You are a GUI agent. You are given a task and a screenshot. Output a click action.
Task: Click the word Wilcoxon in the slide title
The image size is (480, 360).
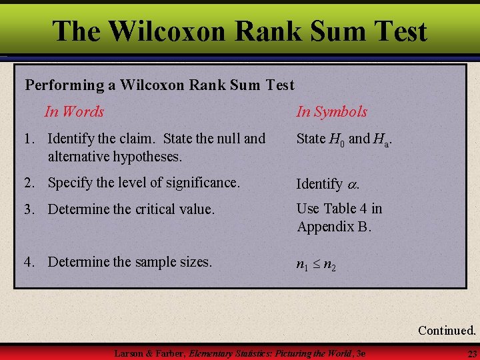[x=171, y=31]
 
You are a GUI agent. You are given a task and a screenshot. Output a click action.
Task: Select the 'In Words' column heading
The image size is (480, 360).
[x=74, y=111]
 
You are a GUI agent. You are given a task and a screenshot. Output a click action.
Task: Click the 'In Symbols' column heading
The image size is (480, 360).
[x=332, y=111]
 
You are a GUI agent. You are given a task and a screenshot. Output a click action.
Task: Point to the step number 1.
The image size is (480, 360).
[x=27, y=139]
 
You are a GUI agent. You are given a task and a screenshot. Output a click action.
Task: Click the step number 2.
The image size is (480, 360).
[x=27, y=182]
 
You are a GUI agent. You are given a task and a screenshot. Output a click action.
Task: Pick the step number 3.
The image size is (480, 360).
[x=27, y=209]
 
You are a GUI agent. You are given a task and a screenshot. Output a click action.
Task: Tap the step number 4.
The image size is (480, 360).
[x=27, y=262]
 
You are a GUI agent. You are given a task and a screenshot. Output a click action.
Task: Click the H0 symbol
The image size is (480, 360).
[x=337, y=139]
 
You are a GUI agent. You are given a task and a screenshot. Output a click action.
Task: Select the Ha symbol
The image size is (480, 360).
[x=381, y=139]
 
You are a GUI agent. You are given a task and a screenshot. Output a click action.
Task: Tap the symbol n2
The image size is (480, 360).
[x=329, y=265]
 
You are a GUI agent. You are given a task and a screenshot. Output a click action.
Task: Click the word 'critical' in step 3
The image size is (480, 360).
[x=157, y=209]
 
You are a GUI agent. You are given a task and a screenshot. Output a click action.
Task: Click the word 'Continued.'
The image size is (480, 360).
[x=447, y=330]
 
